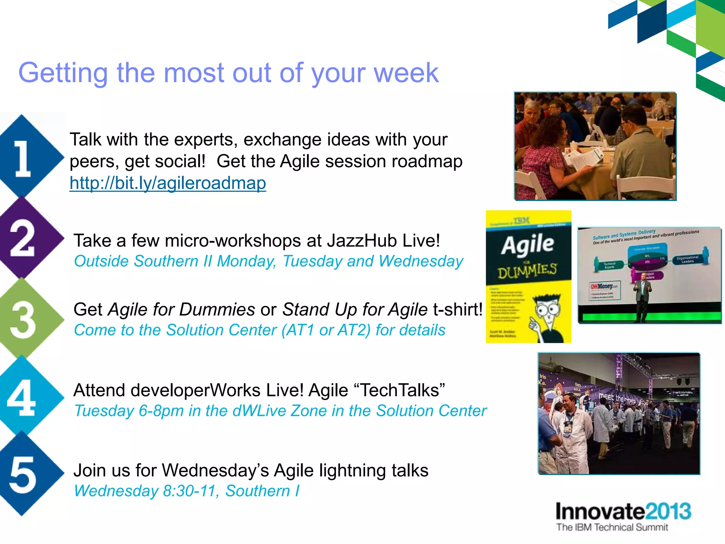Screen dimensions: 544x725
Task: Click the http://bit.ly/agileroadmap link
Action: [x=167, y=183]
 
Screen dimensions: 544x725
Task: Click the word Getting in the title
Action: [x=63, y=73]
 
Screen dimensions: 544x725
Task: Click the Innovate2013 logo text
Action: [x=623, y=511]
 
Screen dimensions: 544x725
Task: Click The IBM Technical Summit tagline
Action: [x=612, y=527]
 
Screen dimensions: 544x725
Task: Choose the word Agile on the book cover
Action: [x=527, y=244]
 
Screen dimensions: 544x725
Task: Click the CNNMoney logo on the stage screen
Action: [x=604, y=286]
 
